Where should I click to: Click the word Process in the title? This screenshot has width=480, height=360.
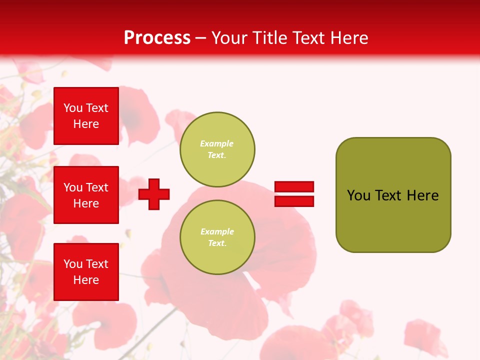pos(157,38)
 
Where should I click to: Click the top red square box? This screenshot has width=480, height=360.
pos(86,116)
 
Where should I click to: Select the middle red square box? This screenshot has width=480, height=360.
pos(86,195)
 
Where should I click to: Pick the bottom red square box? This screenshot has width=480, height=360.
pos(86,271)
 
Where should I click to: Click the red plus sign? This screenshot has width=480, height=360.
pos(154,194)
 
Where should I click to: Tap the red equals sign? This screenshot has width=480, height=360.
pos(294,194)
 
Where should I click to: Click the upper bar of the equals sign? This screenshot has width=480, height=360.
pos(294,187)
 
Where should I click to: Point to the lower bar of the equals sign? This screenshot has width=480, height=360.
pos(294,201)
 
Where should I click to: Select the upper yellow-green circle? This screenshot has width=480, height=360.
pos(217,149)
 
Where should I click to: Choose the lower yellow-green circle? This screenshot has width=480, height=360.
pos(217,237)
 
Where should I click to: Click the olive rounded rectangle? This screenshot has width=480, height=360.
pos(393,195)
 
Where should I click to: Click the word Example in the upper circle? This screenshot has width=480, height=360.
pos(217,143)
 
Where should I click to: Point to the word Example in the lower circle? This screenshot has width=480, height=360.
pos(217,231)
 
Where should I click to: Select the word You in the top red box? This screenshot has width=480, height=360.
pos(73,108)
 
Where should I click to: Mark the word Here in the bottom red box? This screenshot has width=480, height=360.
pos(86,280)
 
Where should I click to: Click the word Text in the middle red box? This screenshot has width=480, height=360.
pos(97,187)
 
